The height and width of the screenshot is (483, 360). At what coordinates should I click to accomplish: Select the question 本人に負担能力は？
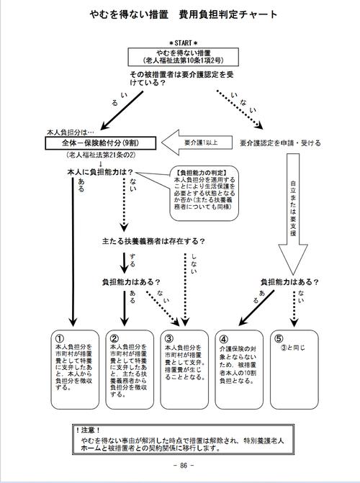click(x=101, y=173)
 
